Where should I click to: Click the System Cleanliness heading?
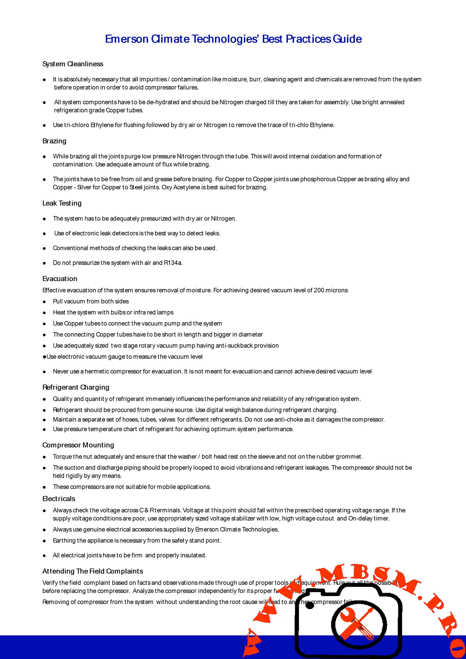(73, 64)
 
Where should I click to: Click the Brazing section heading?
(54, 141)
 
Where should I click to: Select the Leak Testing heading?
(62, 203)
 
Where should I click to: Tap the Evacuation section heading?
(60, 279)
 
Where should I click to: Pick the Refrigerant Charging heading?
(76, 387)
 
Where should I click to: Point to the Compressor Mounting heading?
(78, 445)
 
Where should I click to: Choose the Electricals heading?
(59, 499)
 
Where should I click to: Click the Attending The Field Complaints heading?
(93, 571)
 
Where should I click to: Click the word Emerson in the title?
(127, 39)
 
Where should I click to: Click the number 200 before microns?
(319, 290)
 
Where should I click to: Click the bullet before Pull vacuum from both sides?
(44, 302)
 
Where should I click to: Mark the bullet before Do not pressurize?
(44, 263)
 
